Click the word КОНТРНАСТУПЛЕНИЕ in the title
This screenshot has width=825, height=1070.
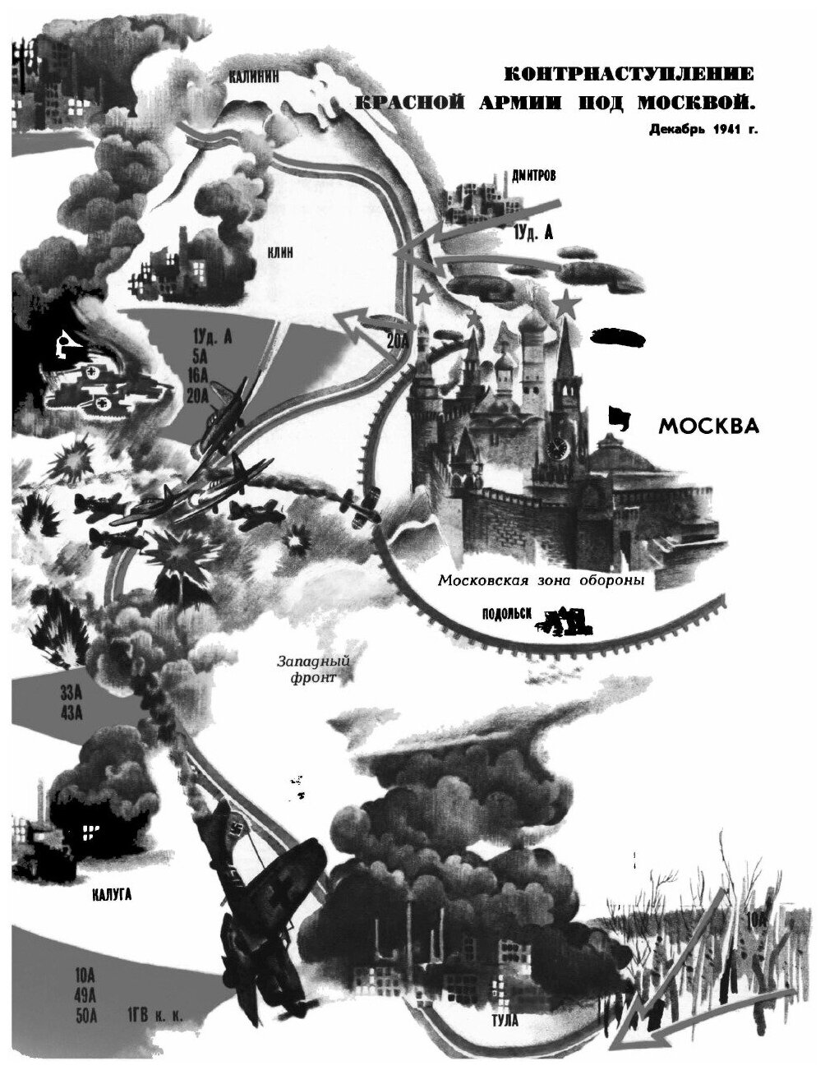tap(627, 76)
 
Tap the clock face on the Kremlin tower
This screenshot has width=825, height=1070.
tap(560, 448)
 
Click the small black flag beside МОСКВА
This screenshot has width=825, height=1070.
tap(619, 418)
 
